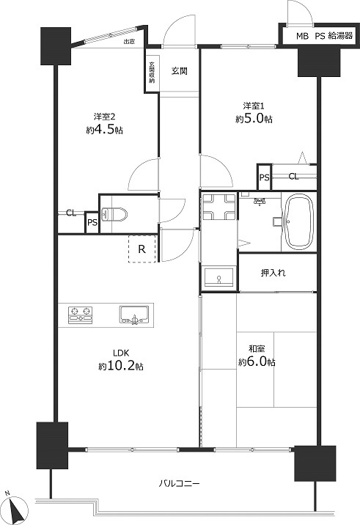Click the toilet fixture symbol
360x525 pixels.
(x=114, y=214)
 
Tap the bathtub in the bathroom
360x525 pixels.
(x=298, y=222)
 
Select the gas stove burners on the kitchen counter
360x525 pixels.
(x=81, y=315)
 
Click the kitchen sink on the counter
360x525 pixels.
(x=135, y=315)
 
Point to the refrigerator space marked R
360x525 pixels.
(x=142, y=249)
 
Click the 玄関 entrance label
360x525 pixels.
(x=179, y=71)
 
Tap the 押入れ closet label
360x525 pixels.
(x=273, y=273)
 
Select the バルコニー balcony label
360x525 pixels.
(x=179, y=483)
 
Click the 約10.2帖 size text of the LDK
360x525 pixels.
(x=121, y=367)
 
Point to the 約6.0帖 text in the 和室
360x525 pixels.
(x=257, y=362)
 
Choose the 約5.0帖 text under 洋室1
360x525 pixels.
(x=254, y=119)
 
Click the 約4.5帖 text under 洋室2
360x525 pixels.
(x=105, y=130)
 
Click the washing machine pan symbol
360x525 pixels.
(x=219, y=208)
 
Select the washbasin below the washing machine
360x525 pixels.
(x=219, y=277)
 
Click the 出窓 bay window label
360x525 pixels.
(x=129, y=42)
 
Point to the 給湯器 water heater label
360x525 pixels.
(x=340, y=36)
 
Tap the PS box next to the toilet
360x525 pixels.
(x=92, y=222)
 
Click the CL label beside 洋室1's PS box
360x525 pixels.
(x=294, y=177)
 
